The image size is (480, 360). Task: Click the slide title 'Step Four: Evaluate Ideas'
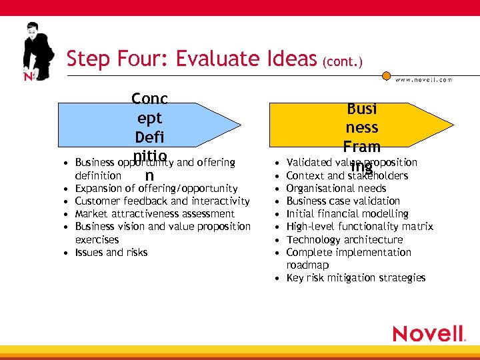191,60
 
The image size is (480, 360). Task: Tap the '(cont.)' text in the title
342,63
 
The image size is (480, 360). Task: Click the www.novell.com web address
423,79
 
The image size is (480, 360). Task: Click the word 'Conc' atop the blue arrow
149,99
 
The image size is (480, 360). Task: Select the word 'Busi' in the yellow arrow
361,109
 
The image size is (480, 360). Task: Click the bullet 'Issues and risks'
111,252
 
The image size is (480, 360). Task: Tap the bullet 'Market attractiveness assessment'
155,214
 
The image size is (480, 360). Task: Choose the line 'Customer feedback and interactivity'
162,201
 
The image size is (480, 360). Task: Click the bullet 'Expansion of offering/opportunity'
156,189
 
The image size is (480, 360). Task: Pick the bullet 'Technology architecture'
345,239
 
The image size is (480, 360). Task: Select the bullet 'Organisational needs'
336,189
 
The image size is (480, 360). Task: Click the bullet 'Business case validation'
343,201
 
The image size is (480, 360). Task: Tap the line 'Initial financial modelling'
347,214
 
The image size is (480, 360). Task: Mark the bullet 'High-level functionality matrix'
359,227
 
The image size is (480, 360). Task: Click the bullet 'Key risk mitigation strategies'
355,277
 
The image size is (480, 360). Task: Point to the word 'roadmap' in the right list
307,265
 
